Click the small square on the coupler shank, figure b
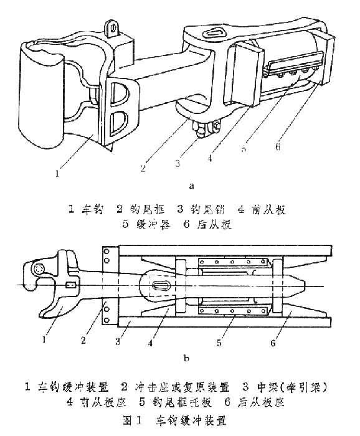(x=71, y=286)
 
